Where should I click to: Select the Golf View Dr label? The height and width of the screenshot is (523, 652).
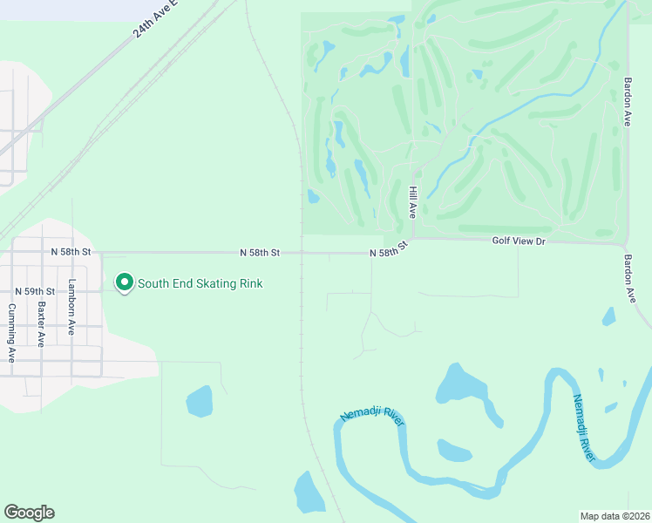tap(518, 240)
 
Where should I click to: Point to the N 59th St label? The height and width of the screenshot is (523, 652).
tap(35, 291)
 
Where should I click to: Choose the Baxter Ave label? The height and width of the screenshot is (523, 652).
tap(41, 324)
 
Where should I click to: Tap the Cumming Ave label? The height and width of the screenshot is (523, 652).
tap(11, 333)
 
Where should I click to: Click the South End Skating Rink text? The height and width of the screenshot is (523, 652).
tap(200, 283)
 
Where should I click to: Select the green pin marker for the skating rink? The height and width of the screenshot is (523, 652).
tap(124, 282)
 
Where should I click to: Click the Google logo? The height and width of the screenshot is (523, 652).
tap(29, 513)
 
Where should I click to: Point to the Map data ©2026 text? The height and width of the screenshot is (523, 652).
tap(615, 515)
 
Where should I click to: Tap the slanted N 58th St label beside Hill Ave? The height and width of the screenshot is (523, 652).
tap(389, 251)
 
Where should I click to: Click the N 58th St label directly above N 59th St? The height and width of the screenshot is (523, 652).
tap(71, 251)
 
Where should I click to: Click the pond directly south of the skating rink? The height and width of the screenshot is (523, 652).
tap(199, 401)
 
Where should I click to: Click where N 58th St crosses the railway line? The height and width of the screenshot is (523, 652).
tap(302, 254)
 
